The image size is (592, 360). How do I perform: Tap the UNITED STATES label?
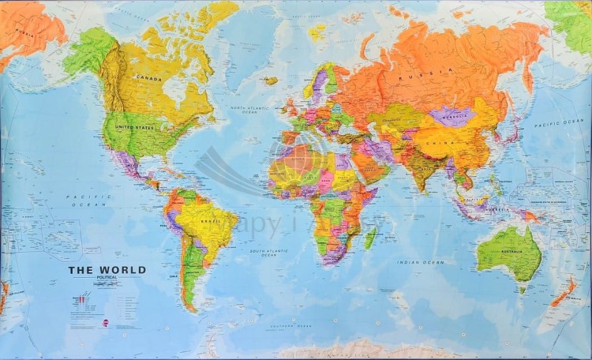tap(133, 126)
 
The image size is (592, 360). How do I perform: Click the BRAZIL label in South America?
tap(211, 223)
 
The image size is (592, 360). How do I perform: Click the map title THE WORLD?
tap(107, 270)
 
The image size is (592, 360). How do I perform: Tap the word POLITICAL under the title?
tap(107, 278)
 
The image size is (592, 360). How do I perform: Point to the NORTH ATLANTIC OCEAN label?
tap(244, 110)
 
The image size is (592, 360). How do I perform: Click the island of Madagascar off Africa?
tap(369, 237)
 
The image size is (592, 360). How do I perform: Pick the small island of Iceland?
tap(272, 80)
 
